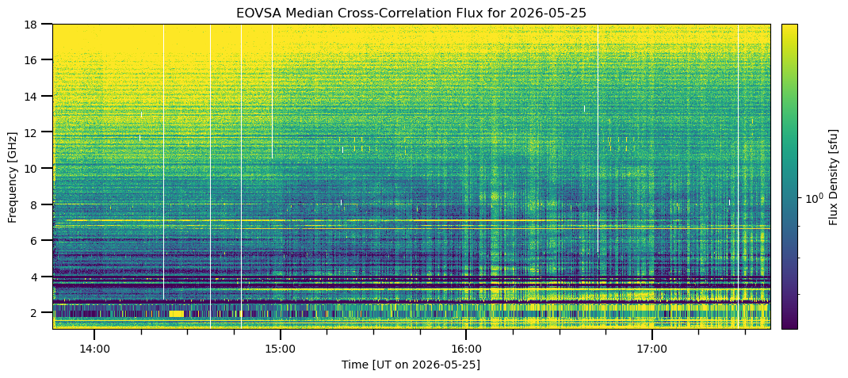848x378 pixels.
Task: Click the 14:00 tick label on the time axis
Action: pyautogui.click(x=94, y=349)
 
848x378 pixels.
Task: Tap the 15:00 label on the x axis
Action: pyautogui.click(x=280, y=349)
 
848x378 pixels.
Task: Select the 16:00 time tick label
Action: pyautogui.click(x=466, y=349)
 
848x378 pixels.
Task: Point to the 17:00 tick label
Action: pyautogui.click(x=652, y=349)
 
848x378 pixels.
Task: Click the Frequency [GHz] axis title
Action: pyautogui.click(x=12, y=176)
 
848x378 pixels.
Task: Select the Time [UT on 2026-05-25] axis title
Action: pyautogui.click(x=411, y=365)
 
